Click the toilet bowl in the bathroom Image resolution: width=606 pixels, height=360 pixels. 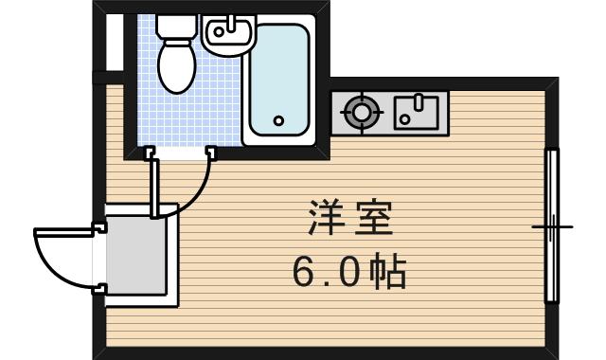174,66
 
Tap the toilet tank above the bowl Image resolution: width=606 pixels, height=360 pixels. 174,26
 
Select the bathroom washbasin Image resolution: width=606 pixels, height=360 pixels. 228,34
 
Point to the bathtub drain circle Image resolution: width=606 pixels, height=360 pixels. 278,120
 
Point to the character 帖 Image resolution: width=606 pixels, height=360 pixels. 388,273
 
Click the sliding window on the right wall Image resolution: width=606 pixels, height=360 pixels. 551,225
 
